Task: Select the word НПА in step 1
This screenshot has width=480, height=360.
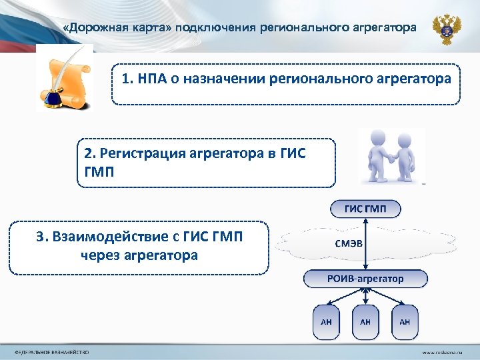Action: point(155,79)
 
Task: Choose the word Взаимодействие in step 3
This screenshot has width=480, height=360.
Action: point(113,236)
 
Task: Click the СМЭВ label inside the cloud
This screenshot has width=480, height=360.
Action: point(349,243)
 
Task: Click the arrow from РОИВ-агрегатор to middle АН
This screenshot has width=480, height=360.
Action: point(365,297)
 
